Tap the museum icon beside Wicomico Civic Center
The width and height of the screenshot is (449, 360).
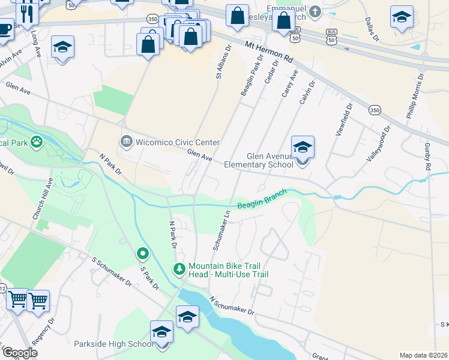[127, 142]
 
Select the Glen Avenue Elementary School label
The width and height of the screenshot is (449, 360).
[258, 160]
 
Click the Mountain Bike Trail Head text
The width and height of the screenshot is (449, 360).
[228, 270]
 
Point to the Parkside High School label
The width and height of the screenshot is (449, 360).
[113, 344]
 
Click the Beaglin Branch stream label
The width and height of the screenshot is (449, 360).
[262, 199]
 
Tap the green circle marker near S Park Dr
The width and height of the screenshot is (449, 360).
[142, 254]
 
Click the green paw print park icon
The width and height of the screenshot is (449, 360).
[37, 142]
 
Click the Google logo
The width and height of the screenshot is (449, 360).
[20, 353]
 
